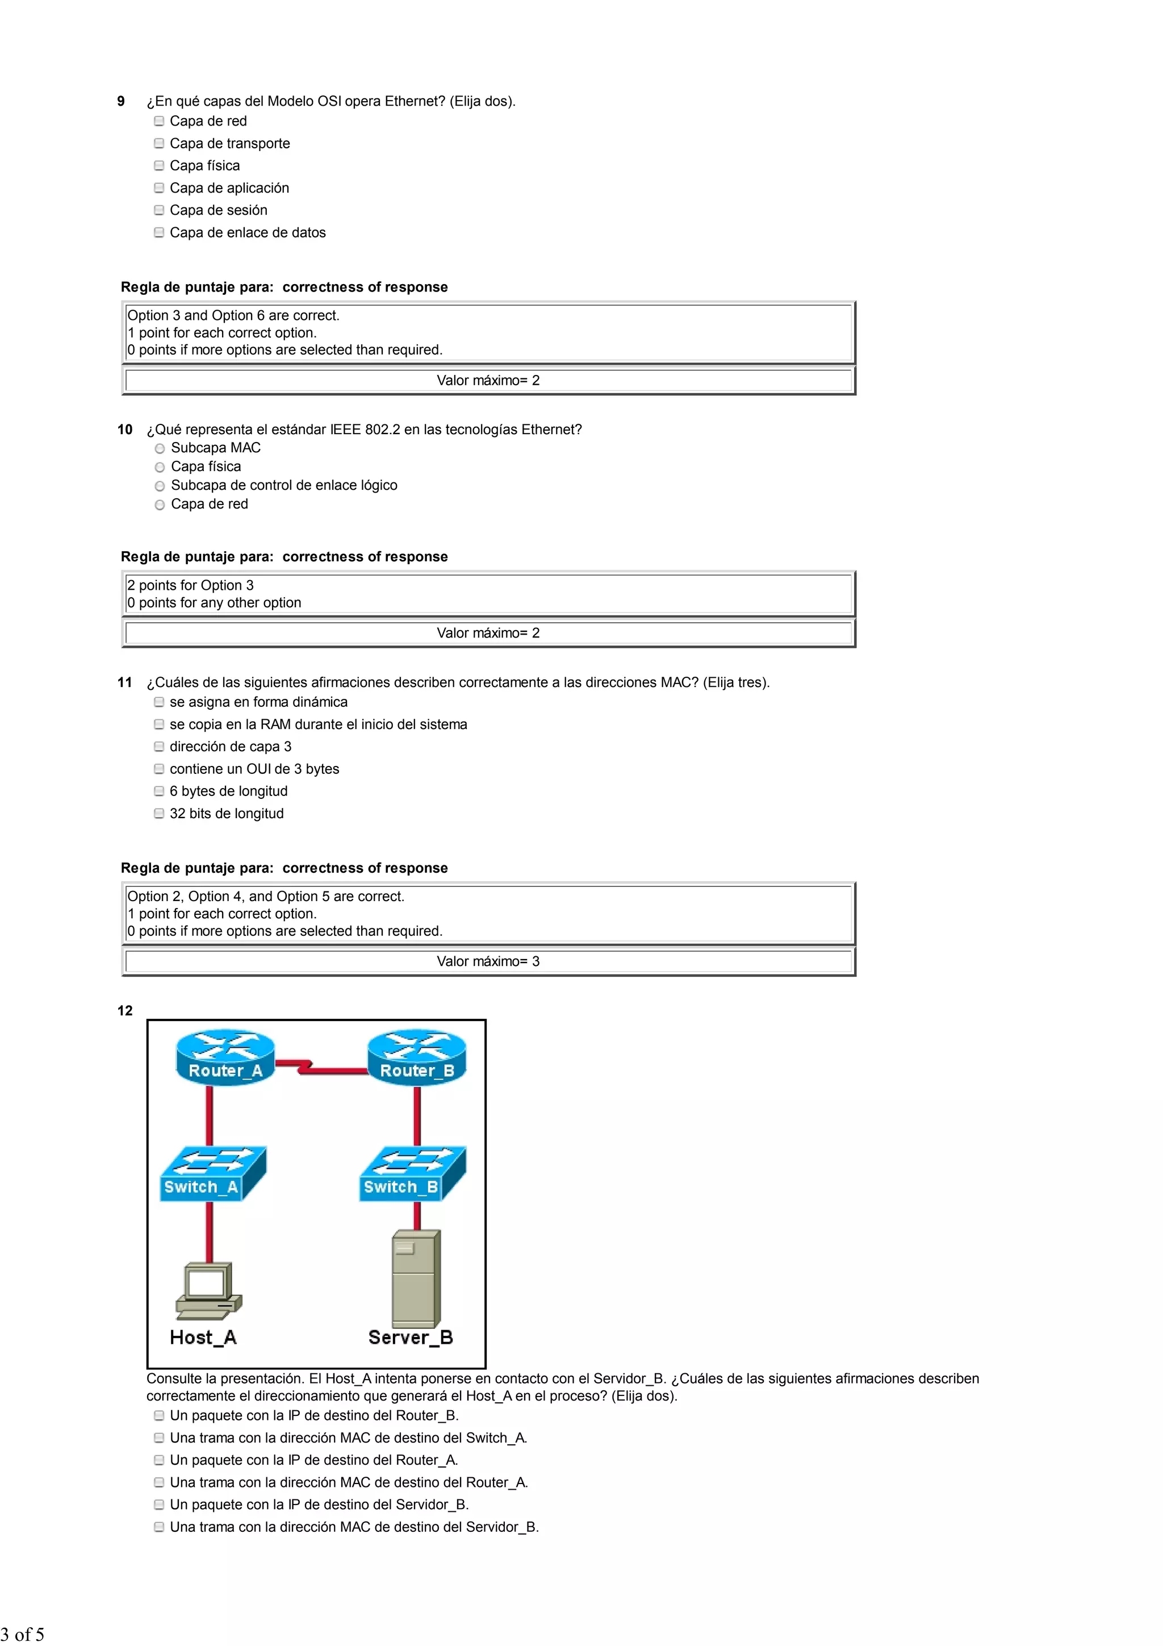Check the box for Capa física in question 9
pos(159,165)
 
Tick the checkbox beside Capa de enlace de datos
pos(159,232)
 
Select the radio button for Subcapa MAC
pos(160,449)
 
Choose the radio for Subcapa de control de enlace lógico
pos(160,486)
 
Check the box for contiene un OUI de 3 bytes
pos(159,769)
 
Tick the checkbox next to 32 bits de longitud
pos(159,813)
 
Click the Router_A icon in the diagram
pos(225,1057)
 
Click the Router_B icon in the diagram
pos(417,1057)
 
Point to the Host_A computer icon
pos(208,1290)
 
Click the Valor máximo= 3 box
pos(488,961)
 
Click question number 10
pos(125,430)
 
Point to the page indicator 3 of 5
pos(23,1634)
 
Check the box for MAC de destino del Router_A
pos(159,1482)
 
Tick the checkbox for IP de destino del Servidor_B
pos(159,1504)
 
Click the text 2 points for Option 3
pos(191,585)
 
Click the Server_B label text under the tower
pos(411,1337)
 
